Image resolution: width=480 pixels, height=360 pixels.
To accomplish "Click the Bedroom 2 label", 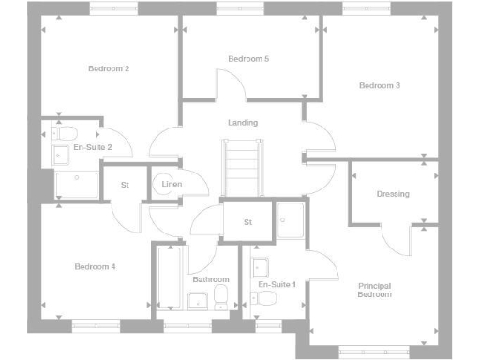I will (x=109, y=68).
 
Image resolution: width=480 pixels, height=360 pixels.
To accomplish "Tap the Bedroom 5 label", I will (x=248, y=59).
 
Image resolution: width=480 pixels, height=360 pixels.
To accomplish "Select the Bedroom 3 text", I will (x=380, y=85).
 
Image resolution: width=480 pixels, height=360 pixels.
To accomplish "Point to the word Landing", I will (x=243, y=123).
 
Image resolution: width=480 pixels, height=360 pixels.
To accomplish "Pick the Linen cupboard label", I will (x=172, y=185).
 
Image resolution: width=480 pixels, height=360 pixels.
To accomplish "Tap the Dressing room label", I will (x=393, y=194).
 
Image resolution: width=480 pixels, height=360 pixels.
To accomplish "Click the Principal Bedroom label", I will (x=375, y=290).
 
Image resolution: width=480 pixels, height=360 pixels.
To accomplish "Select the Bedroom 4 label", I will (x=95, y=267).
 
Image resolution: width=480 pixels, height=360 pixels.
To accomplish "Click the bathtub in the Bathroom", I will (x=170, y=277).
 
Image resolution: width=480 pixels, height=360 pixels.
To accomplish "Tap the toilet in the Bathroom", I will (x=222, y=297).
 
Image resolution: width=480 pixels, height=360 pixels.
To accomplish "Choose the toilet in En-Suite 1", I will (x=266, y=298).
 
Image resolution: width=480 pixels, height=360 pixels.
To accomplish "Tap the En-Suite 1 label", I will (x=277, y=284).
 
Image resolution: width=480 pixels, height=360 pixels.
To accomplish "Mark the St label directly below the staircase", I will (x=248, y=222).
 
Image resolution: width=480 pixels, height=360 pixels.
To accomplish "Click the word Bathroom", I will (x=211, y=279).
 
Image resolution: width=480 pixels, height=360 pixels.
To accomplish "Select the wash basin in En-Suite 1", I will (x=260, y=265).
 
